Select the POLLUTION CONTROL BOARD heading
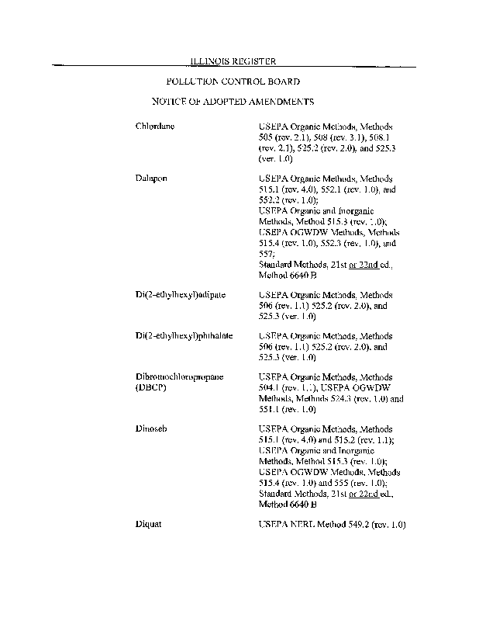click(x=233, y=81)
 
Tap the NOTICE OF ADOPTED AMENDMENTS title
click(x=233, y=102)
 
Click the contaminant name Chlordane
click(x=155, y=126)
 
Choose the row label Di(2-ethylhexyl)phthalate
click(x=184, y=336)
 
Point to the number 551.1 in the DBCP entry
click(x=269, y=408)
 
